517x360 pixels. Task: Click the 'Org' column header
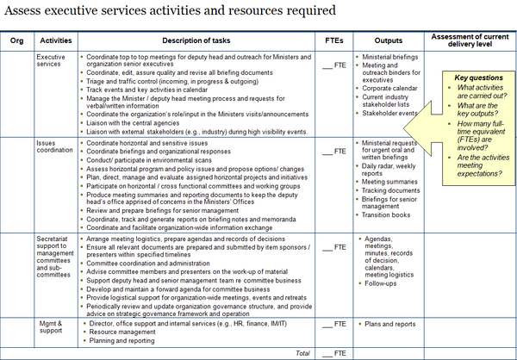16,40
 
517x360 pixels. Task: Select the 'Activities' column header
56,40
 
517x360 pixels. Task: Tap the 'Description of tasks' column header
198,40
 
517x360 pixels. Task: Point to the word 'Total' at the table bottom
302,353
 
